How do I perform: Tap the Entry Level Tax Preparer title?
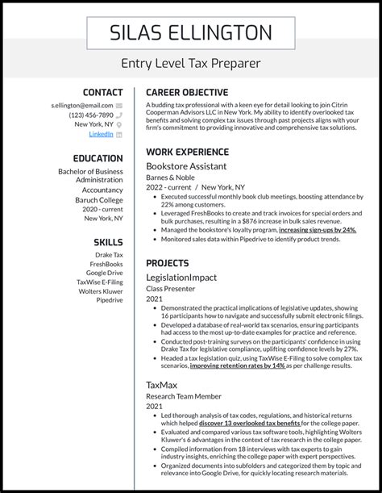coord(191,63)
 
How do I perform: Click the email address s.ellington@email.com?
coord(81,105)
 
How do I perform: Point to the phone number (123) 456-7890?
coord(85,115)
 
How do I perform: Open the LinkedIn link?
coord(101,134)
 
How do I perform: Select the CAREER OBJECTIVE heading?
coord(186,93)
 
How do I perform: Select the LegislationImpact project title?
coord(181,277)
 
